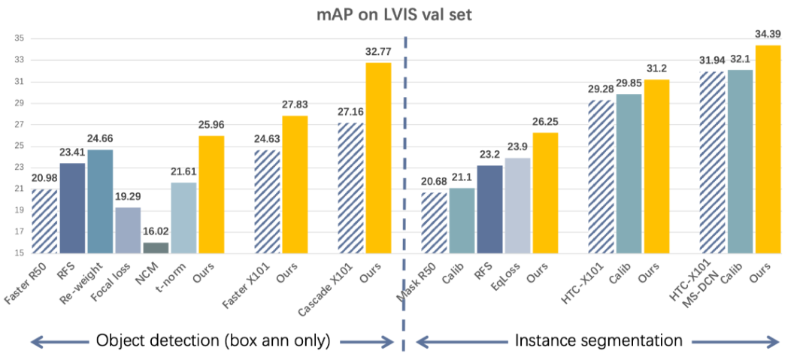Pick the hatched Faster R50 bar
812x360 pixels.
coord(44,221)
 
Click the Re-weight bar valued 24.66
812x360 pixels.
coord(99,201)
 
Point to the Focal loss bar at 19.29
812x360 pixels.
coord(127,230)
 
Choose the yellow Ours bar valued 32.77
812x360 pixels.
coord(378,158)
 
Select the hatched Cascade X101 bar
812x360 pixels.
coord(350,188)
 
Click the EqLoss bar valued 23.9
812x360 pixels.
coord(517,205)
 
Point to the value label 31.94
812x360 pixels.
coord(712,60)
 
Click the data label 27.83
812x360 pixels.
coord(295,104)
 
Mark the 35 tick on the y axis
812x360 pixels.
coord(19,38)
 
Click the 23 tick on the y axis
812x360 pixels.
coord(19,167)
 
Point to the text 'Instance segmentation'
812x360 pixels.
coord(598,340)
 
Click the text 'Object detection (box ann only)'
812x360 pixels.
coord(214,340)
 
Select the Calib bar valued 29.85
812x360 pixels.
coord(628,174)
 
